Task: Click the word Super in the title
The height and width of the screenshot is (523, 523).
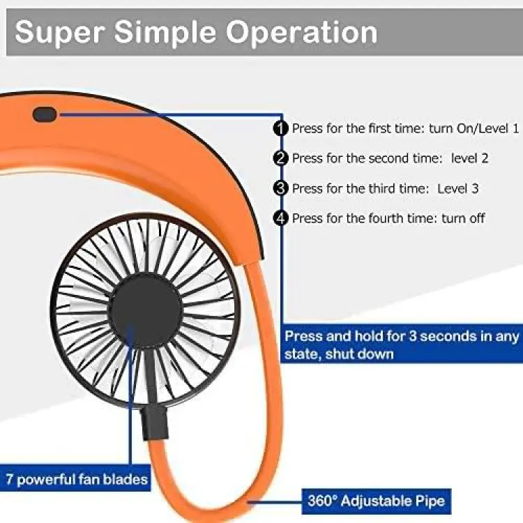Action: [60, 32]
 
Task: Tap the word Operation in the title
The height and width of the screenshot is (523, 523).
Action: [302, 32]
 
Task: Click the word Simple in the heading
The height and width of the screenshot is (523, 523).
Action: [165, 32]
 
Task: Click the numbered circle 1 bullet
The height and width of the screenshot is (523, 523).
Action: [280, 128]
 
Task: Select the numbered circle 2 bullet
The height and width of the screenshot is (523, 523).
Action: [280, 158]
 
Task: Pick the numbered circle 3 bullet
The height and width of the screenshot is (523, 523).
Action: [280, 188]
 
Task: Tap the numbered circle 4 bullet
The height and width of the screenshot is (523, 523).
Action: [280, 218]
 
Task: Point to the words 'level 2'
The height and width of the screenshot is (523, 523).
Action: [469, 158]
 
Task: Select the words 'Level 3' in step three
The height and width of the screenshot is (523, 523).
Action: [458, 188]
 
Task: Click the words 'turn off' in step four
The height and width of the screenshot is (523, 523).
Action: [463, 218]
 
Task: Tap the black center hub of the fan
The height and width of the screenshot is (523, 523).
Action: [146, 310]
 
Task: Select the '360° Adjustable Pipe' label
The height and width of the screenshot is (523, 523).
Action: [377, 501]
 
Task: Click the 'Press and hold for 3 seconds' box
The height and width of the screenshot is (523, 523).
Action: [402, 344]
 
